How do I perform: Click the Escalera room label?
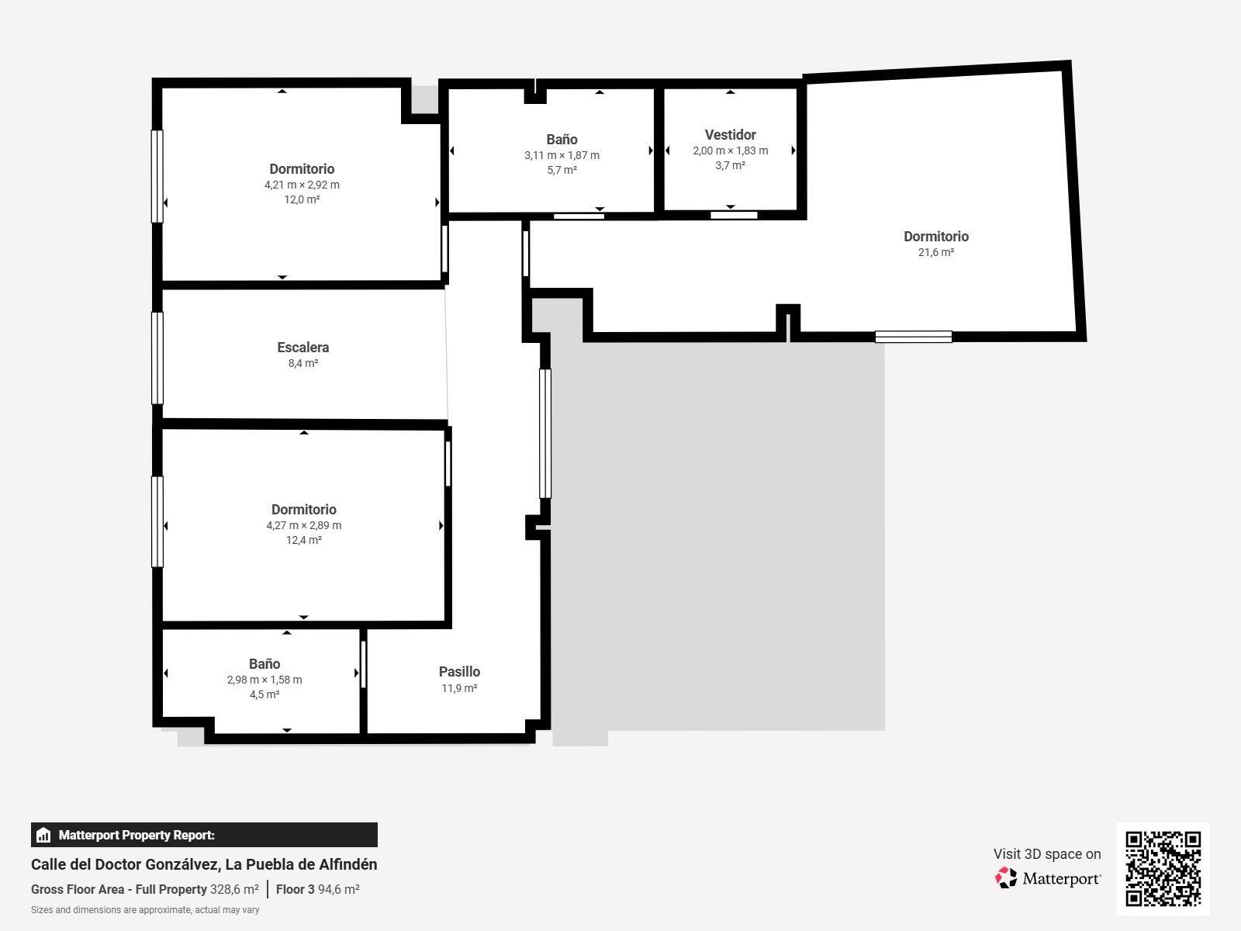302,348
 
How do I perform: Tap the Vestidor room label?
730,135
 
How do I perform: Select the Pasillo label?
459,672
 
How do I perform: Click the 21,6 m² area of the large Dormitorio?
935,252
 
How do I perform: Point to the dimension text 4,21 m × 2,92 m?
302,185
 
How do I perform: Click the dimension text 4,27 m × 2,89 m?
303,525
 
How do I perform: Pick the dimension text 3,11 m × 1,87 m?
562,155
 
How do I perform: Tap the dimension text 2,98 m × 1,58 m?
264,680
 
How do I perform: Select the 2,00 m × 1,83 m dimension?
730,151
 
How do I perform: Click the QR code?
1163,868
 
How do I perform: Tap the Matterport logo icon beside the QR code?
1006,878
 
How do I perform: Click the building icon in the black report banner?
43,836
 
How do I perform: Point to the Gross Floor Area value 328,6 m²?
234,890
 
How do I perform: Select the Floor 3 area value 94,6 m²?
338,890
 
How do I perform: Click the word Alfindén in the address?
348,864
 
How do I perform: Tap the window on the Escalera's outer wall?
157,358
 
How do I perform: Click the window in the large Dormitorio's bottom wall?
913,337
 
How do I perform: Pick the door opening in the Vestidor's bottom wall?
734,215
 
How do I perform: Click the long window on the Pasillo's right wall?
544,433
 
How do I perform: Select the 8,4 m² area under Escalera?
302,363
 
